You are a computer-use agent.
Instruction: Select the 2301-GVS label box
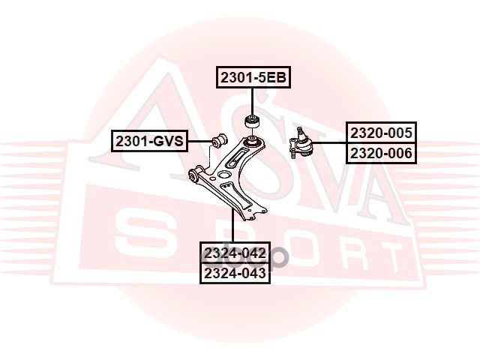149,140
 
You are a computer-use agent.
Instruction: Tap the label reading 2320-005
380,133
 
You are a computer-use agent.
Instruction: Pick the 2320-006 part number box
380,154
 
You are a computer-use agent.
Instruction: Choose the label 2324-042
235,253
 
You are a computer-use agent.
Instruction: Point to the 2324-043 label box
235,274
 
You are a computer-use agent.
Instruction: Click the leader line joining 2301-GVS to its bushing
199,140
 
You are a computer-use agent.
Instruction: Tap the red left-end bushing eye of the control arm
193,176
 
